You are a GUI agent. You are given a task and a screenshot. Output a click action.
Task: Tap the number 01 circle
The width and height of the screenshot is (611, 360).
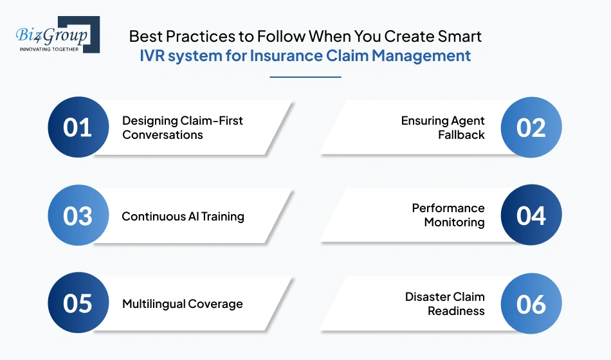[78, 127]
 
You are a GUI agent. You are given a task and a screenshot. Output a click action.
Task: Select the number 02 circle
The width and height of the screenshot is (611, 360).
[531, 127]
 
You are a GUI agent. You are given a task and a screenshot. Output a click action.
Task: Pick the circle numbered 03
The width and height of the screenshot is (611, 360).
[78, 216]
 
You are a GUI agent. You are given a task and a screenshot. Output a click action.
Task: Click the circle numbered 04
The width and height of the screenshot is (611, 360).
[531, 216]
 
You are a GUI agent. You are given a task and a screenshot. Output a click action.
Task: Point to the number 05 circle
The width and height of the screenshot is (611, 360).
[78, 303]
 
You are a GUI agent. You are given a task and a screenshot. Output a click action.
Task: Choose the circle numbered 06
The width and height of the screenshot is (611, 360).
[531, 303]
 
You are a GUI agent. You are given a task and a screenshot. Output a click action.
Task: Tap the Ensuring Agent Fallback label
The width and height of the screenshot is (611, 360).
[442, 127]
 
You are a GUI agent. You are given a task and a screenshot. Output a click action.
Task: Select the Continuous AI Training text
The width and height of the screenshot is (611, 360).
[183, 216]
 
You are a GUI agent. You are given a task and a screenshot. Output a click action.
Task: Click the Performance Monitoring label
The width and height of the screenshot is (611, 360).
[448, 215]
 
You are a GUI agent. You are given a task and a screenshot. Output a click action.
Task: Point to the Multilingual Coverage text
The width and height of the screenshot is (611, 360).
[182, 303]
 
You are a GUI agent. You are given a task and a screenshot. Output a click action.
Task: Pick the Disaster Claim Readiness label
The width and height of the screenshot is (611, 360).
[444, 303]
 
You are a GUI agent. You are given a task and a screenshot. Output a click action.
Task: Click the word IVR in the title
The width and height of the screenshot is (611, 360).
[155, 56]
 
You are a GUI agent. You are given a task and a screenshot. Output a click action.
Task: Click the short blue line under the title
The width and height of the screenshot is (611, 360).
[305, 77]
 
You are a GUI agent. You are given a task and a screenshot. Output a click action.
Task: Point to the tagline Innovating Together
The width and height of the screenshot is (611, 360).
[49, 49]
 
